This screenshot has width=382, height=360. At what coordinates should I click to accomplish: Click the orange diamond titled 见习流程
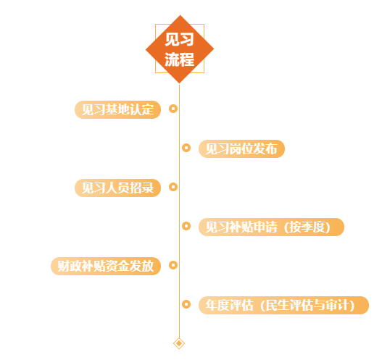(x=180, y=49)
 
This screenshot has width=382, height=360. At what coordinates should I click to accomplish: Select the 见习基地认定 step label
(x=117, y=109)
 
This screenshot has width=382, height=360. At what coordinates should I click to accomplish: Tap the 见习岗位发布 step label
(x=241, y=148)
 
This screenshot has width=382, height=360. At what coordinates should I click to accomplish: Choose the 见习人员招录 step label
(x=117, y=188)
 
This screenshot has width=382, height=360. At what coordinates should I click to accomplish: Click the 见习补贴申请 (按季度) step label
(x=271, y=227)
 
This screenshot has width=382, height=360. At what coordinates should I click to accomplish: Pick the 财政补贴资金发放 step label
(x=106, y=266)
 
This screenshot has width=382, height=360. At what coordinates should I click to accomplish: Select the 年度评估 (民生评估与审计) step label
(x=284, y=305)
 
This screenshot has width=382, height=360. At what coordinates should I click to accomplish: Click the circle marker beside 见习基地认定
(x=173, y=109)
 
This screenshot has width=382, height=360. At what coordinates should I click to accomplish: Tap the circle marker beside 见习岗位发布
(x=186, y=148)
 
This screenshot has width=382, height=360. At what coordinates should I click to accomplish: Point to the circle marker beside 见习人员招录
(x=173, y=187)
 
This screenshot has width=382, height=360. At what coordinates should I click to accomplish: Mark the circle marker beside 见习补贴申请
(x=186, y=226)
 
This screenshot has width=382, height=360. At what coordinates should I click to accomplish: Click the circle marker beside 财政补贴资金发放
(x=173, y=265)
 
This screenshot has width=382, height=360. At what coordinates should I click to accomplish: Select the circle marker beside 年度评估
(x=186, y=304)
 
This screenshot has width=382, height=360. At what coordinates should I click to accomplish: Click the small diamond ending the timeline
(x=179, y=343)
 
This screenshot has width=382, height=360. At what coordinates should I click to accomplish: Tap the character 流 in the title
(x=172, y=59)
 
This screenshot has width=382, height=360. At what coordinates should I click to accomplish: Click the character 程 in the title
(x=187, y=59)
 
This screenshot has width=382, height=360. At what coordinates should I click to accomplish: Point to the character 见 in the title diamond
(x=172, y=39)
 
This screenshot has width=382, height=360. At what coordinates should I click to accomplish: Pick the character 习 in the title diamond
(x=187, y=39)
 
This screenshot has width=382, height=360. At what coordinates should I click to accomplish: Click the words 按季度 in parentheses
(x=307, y=227)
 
